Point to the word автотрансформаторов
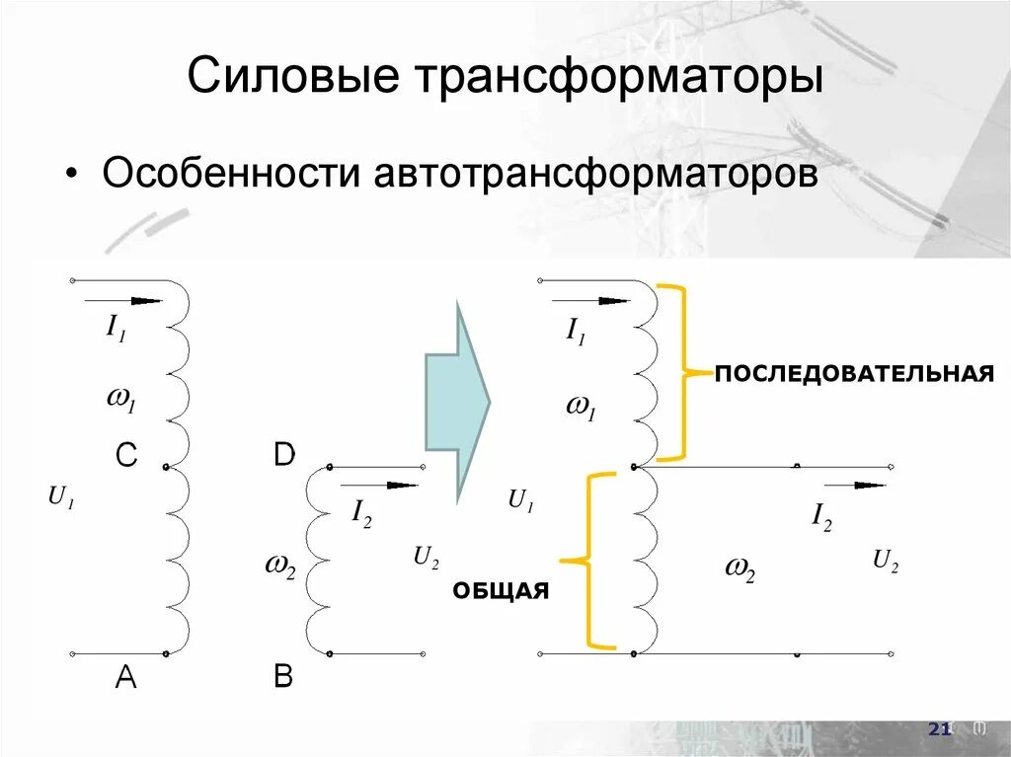(594, 175)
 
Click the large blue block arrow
(457, 401)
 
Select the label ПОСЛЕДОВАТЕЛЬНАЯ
(853, 375)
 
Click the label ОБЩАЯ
(501, 590)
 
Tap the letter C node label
(125, 456)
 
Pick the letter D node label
(283, 456)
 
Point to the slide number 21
(939, 729)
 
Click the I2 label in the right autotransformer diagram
(821, 515)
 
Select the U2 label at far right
(885, 563)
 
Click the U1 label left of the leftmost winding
(61, 500)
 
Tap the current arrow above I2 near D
(379, 485)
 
